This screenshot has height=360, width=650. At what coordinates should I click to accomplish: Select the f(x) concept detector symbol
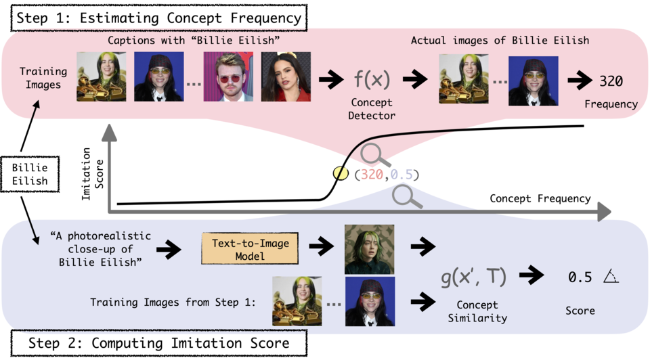tap(372, 80)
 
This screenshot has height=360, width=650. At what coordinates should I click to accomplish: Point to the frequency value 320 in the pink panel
tap(611, 81)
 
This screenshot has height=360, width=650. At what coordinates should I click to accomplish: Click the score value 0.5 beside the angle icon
tap(580, 276)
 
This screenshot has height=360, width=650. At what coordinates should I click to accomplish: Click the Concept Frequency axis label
tap(540, 198)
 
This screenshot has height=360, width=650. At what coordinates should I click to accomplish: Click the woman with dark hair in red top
tap(285, 77)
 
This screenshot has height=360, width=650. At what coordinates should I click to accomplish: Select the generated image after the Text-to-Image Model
tap(368, 249)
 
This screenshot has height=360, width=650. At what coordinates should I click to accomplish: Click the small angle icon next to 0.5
tap(612, 276)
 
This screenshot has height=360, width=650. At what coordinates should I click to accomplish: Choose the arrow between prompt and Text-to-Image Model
tap(169, 249)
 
